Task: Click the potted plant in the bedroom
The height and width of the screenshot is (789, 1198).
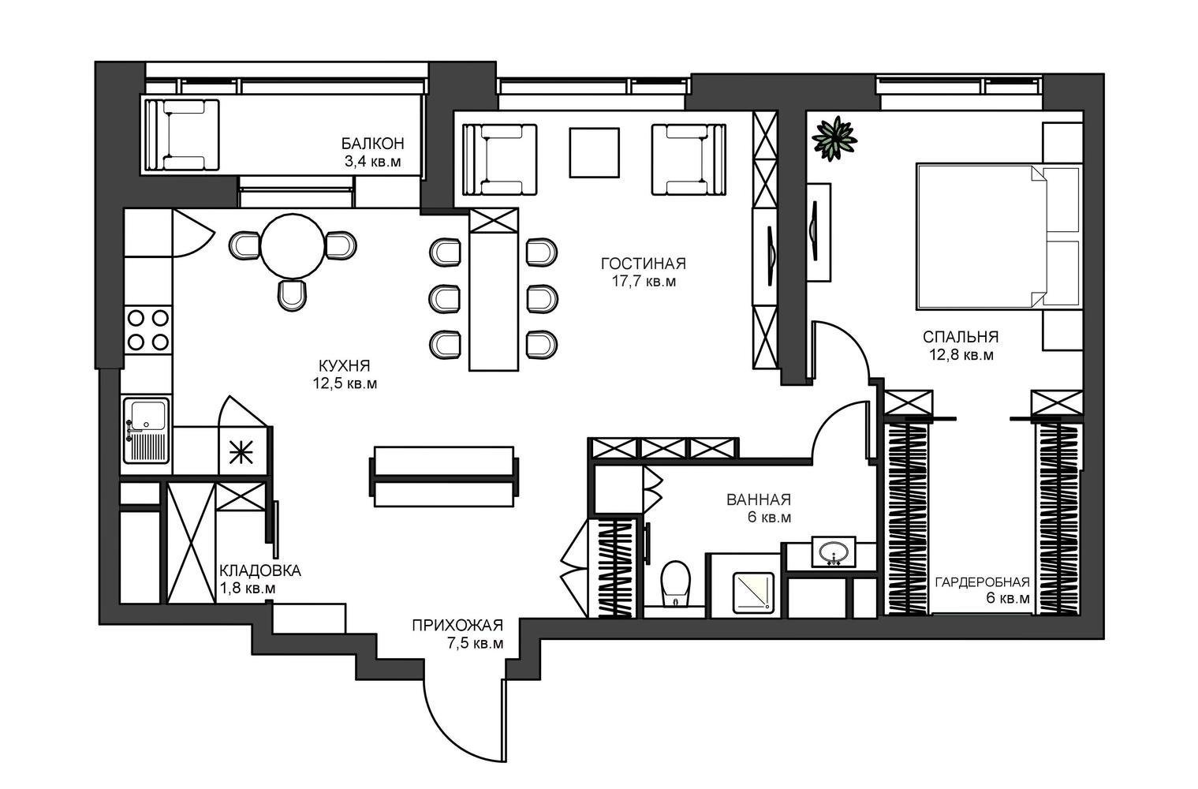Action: pos(834,139)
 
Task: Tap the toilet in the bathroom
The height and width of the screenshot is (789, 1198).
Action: pos(675,584)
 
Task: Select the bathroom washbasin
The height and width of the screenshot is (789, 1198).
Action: pos(834,552)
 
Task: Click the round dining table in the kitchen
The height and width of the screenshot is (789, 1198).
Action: pos(293,246)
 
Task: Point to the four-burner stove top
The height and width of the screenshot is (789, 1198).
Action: pos(148,330)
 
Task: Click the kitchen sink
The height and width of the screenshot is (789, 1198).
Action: pos(146,430)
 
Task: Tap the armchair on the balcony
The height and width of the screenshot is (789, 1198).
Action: pos(182,136)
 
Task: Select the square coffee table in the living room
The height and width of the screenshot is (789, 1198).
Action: pos(594,152)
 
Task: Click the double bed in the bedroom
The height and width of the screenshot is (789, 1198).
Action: pos(999,237)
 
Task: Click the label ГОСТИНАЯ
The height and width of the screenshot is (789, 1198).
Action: pos(644,264)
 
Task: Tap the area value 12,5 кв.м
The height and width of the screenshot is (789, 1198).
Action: pos(345,383)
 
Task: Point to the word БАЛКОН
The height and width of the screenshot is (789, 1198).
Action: pos(373,144)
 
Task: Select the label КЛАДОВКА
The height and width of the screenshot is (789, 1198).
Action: pos(260,570)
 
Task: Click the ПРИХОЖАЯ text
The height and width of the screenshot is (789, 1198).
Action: pos(457,626)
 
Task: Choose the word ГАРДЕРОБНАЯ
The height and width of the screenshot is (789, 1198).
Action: pos(983,582)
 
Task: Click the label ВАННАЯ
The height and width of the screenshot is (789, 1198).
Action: pos(759,499)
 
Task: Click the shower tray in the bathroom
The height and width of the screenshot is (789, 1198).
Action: pos(753,593)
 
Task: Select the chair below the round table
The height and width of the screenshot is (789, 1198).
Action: pos(293,295)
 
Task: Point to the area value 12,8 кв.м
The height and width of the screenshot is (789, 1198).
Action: pos(961,354)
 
